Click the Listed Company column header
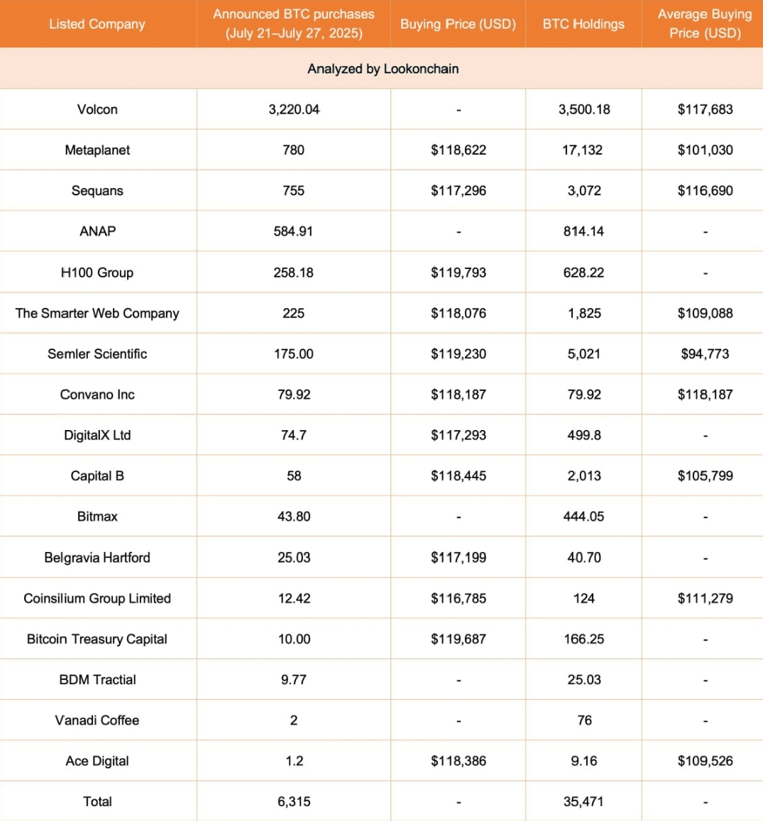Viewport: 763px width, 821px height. click(x=97, y=24)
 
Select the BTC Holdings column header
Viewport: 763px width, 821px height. click(x=583, y=24)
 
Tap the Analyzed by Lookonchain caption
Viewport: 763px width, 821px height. click(x=383, y=69)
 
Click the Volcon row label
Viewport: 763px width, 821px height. click(x=97, y=109)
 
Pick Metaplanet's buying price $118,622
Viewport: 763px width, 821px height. click(x=459, y=150)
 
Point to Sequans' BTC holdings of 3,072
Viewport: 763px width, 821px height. click(x=584, y=191)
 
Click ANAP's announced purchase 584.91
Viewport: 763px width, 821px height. click(x=294, y=231)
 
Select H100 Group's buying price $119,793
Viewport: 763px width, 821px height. click(x=459, y=272)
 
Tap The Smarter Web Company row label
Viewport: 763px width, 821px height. click(x=97, y=313)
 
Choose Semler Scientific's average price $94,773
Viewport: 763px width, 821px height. click(x=705, y=354)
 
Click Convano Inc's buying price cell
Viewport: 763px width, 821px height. click(x=459, y=395)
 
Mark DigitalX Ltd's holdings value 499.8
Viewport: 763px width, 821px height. click(x=584, y=435)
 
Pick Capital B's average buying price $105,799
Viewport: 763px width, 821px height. click(x=705, y=476)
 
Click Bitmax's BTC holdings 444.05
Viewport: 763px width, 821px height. click(x=584, y=517)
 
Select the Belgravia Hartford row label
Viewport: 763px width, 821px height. click(x=97, y=558)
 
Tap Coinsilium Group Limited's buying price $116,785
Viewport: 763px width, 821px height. click(x=459, y=598)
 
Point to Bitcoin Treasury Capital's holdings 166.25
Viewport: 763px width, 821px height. click(x=584, y=639)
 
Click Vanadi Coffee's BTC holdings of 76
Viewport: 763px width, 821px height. click(x=584, y=720)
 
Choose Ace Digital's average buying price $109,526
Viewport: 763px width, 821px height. click(x=705, y=761)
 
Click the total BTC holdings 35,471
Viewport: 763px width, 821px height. click(x=584, y=802)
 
